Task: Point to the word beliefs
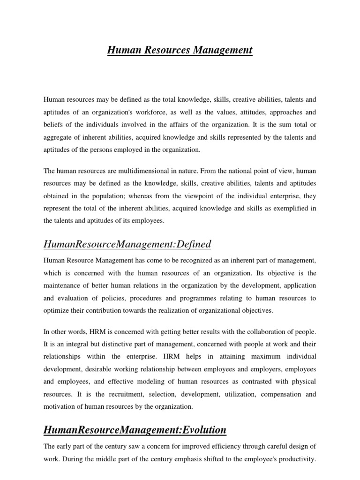[x=54, y=125]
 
